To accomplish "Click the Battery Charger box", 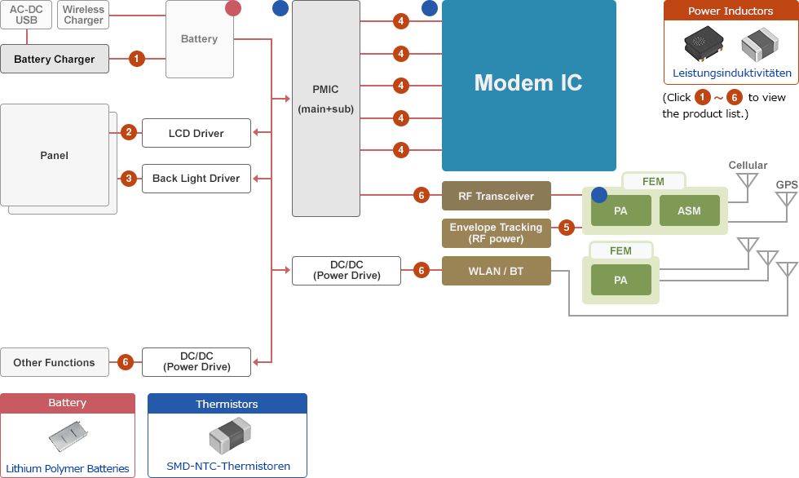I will click(x=55, y=59).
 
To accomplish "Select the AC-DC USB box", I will click(x=27, y=15).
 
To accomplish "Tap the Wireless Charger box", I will click(x=83, y=15).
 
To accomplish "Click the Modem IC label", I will click(x=528, y=82).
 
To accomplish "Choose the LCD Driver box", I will click(x=196, y=133).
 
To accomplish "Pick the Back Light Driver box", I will click(x=196, y=179).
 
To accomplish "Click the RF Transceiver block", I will click(x=496, y=196).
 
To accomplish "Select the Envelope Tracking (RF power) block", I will click(x=496, y=233).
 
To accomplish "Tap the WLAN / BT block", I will click(x=496, y=271).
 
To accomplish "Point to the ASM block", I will click(x=689, y=211).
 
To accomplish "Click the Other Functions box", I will click(x=54, y=362).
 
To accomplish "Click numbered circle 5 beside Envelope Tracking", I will click(x=567, y=228).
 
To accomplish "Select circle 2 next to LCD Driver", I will click(x=128, y=132).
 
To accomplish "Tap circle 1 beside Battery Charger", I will click(x=137, y=59).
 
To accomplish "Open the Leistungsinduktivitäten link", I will click(x=731, y=73).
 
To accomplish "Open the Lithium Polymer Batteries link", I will click(x=68, y=468).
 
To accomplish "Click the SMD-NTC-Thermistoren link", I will click(x=228, y=466).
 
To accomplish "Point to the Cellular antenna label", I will click(x=748, y=166).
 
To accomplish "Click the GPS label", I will click(x=786, y=185).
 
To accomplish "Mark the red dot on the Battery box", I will click(x=233, y=8).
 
